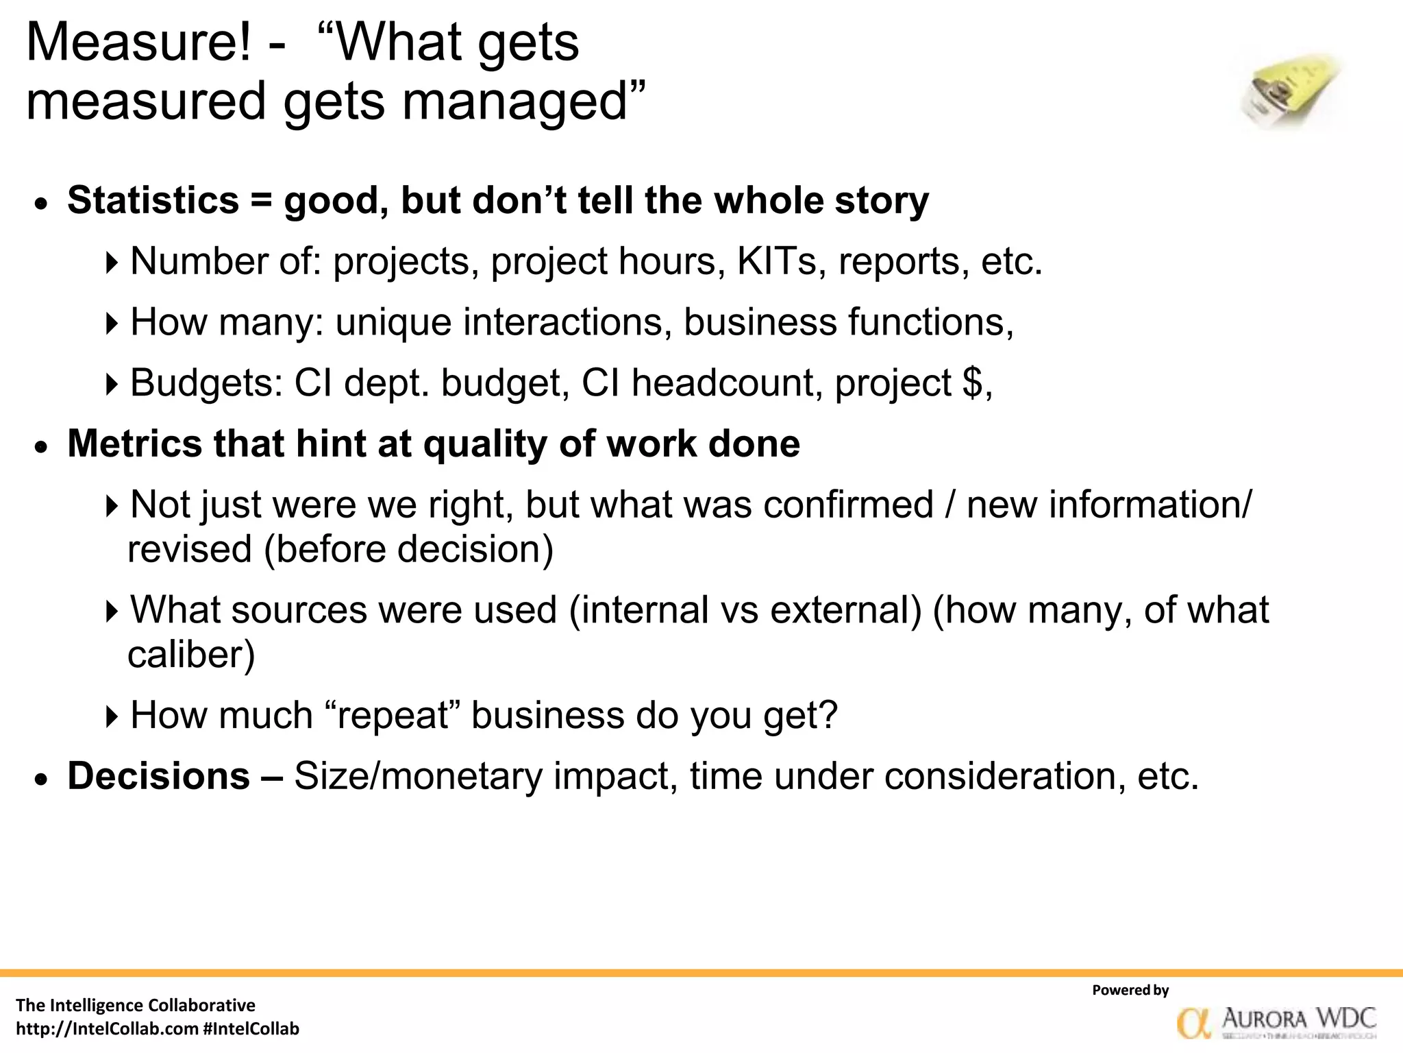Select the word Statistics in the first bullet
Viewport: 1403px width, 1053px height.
click(153, 201)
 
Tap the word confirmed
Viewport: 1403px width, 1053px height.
click(848, 505)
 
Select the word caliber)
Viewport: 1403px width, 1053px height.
click(191, 655)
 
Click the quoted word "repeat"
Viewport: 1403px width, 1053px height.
click(390, 715)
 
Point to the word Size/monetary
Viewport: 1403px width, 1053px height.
click(417, 776)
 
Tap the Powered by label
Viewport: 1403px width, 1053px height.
click(1130, 990)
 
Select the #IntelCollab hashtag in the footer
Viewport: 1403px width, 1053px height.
click(251, 1029)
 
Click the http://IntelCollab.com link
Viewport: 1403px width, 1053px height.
click(107, 1029)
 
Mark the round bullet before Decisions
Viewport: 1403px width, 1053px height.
click(42, 780)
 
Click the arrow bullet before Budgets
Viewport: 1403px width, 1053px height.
click(112, 384)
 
